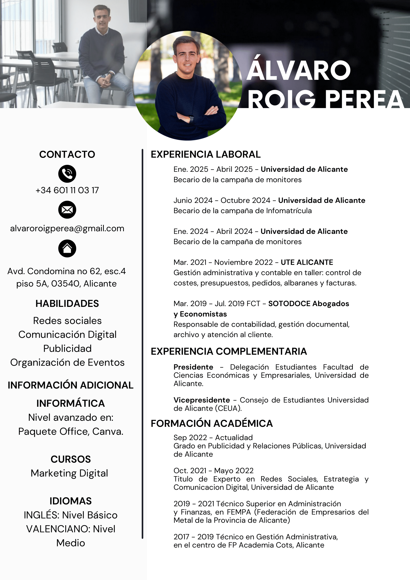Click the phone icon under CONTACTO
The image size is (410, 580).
67,174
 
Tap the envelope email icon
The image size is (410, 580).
67,210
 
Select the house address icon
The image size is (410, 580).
67,248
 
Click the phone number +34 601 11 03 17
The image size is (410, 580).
67,190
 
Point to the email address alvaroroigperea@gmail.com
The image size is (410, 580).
67,228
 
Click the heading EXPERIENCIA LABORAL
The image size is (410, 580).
206,154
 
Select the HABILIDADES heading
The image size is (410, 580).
67,303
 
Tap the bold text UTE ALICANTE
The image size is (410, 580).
307,262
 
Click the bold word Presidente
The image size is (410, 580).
193,367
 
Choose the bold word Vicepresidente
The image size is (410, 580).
201,400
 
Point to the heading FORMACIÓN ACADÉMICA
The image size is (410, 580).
212,423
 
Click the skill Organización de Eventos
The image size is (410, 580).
67,362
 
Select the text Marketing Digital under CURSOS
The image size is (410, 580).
69,473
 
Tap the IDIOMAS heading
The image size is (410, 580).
70,501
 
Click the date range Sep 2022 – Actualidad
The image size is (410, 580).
213,437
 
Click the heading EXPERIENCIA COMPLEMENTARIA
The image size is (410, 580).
228,351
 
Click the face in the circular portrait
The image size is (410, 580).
187,57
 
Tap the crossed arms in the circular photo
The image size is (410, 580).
199,114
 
